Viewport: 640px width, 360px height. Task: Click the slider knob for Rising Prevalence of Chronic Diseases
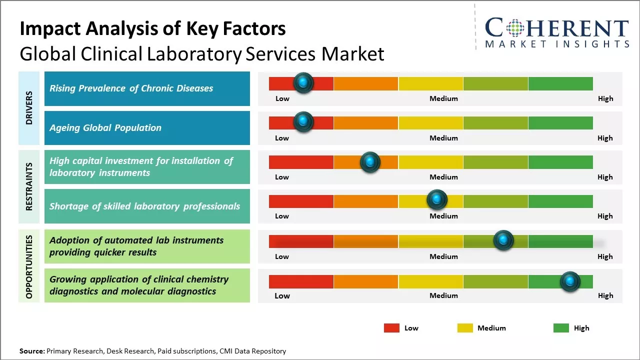point(303,83)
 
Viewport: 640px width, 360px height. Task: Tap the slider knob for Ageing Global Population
point(303,122)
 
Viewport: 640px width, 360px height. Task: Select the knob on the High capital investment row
point(370,161)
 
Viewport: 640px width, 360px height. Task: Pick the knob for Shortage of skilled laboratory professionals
point(437,200)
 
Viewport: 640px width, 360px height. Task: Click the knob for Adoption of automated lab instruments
point(503,240)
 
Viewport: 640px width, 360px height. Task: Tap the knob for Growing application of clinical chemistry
point(570,281)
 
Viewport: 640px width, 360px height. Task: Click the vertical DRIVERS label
point(29,108)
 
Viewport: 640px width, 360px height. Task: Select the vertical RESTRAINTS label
point(29,186)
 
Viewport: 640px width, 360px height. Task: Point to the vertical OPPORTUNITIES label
point(29,266)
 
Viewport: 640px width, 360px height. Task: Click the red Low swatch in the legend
point(391,328)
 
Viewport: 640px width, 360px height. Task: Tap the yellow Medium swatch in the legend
point(465,328)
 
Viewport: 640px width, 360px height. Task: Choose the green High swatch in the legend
point(561,328)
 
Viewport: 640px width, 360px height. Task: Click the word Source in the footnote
point(31,351)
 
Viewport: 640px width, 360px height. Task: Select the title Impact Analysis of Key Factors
point(152,29)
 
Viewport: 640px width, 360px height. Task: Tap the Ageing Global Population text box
point(147,128)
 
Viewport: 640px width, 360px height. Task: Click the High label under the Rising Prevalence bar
point(605,98)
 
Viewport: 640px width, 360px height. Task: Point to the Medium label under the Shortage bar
point(443,216)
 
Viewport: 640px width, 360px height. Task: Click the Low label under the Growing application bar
point(282,295)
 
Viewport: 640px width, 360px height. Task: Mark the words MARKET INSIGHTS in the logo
point(557,44)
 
